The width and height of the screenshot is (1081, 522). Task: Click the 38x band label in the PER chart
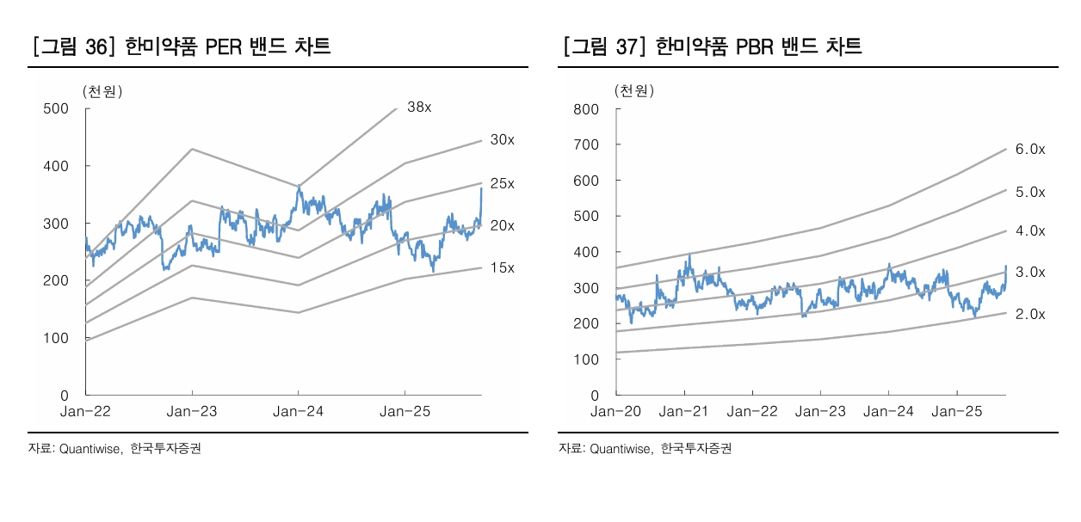click(x=419, y=107)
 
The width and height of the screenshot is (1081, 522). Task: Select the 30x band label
click(x=502, y=139)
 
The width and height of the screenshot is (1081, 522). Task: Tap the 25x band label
click(x=502, y=183)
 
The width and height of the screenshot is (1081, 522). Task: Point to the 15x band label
click(x=502, y=267)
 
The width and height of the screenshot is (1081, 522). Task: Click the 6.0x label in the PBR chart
click(x=1030, y=149)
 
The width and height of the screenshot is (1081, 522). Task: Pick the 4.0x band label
click(x=1030, y=230)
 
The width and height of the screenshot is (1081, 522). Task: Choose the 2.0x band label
click(x=1030, y=314)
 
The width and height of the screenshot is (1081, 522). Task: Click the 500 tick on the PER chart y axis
click(x=56, y=108)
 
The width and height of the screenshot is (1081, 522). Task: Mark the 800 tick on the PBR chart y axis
click(x=586, y=109)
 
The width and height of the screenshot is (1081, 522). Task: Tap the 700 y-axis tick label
click(x=586, y=144)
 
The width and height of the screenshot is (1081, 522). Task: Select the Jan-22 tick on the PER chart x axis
click(x=84, y=412)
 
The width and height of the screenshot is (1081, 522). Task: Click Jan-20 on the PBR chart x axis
click(x=616, y=412)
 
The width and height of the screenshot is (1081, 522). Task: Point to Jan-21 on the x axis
click(x=684, y=412)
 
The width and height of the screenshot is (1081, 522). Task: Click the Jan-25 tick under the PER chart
click(x=405, y=412)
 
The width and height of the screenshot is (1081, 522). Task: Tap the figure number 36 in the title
click(x=97, y=46)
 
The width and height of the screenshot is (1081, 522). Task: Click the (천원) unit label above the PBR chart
click(x=633, y=90)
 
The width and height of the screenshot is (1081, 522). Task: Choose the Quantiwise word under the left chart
click(x=91, y=448)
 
